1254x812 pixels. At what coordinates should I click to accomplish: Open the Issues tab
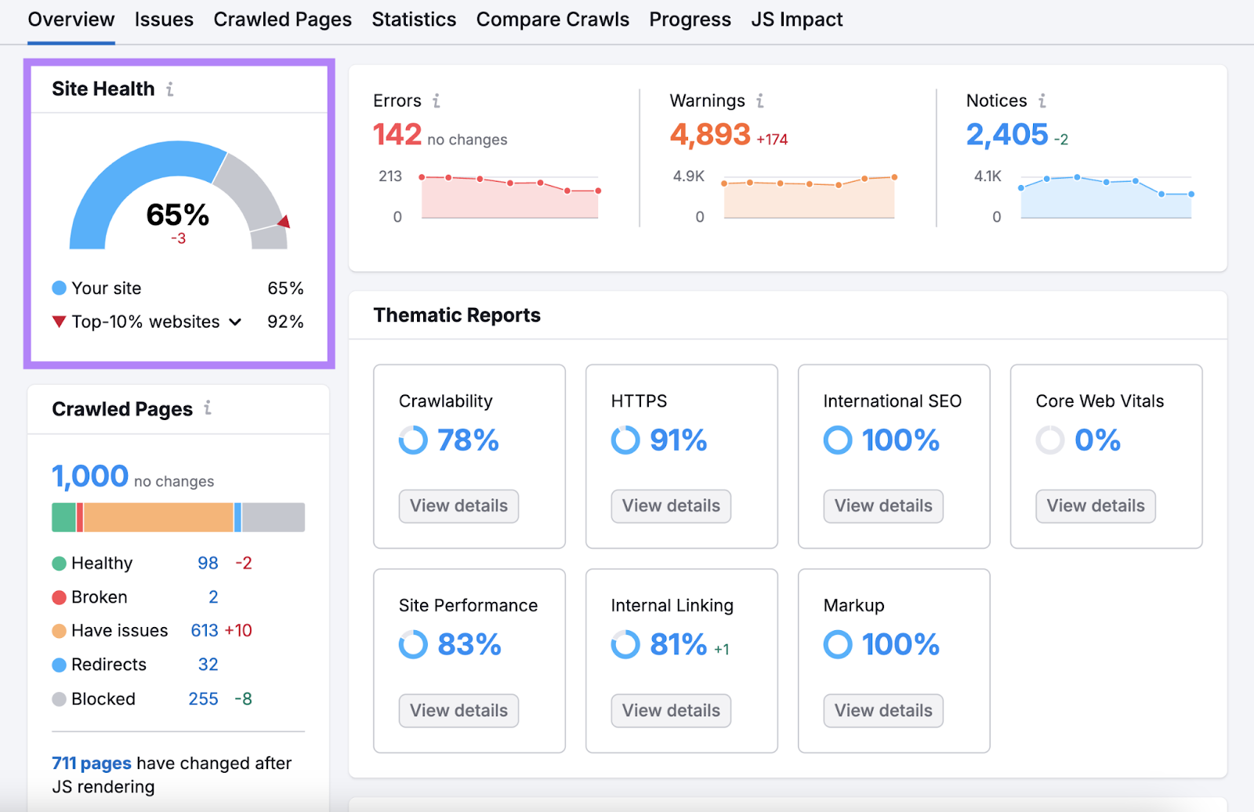point(163,20)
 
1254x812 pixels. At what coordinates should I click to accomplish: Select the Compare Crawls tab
point(552,20)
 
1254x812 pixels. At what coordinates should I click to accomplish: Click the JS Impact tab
point(796,20)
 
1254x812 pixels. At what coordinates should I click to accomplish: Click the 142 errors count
point(397,135)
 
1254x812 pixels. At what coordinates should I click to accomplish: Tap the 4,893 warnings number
point(709,135)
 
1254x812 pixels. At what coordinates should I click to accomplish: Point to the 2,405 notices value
point(1006,135)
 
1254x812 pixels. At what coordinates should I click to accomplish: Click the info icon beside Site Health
point(170,89)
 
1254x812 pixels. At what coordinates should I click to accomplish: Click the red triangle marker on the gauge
point(284,222)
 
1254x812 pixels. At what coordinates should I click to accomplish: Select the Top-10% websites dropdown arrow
point(235,322)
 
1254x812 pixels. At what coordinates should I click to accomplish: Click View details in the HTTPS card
point(671,506)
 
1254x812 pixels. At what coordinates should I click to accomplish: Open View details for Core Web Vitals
point(1095,506)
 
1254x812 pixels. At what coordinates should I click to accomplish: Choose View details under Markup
point(883,710)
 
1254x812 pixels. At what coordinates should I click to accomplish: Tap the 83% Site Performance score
point(469,644)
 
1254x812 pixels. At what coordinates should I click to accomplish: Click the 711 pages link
point(91,763)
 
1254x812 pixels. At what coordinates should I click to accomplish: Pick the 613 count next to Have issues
point(205,631)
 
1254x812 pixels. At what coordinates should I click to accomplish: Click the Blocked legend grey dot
point(59,699)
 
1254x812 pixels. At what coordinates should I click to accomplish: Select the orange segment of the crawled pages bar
point(158,517)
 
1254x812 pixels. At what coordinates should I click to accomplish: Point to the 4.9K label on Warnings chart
point(688,176)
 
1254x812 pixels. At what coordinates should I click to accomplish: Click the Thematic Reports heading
point(457,315)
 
